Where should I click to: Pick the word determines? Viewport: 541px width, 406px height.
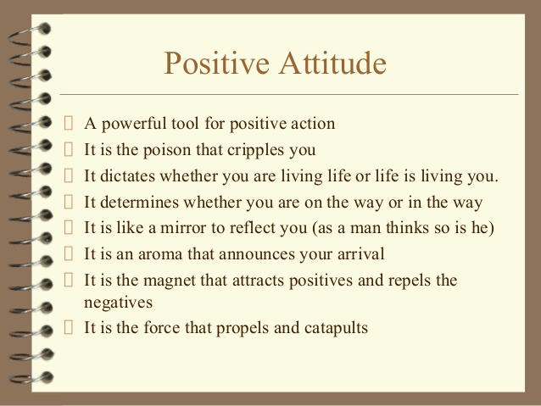144,202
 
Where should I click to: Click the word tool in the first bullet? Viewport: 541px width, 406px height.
195,124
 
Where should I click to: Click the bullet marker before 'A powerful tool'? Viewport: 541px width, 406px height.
70,124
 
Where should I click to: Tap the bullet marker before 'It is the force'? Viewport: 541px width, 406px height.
70,326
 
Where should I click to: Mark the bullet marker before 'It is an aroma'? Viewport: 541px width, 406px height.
70,253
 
